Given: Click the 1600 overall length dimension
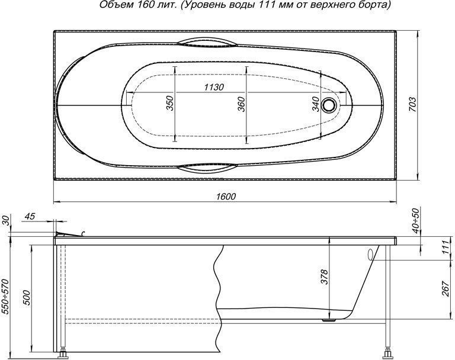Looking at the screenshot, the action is point(226,197).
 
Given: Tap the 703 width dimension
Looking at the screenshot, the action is point(412,104).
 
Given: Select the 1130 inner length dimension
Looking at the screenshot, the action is point(214,87).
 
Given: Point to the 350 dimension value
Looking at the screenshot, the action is point(170,103).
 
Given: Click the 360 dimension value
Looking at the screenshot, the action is point(241,104).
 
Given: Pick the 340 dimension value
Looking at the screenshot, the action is point(316,104).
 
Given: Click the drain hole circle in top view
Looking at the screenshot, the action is point(329,104).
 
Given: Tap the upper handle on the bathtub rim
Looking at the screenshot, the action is point(208,42).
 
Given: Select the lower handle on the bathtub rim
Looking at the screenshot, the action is point(208,167).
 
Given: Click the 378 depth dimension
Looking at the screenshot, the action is point(325,277).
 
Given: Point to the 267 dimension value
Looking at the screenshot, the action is point(446,288).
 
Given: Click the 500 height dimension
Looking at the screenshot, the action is point(26,297).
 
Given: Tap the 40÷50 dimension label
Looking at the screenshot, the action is point(416,220).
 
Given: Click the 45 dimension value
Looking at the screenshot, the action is point(30,216).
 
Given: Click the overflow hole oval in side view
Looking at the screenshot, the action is point(370,255).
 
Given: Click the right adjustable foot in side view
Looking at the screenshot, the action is point(387,353).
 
